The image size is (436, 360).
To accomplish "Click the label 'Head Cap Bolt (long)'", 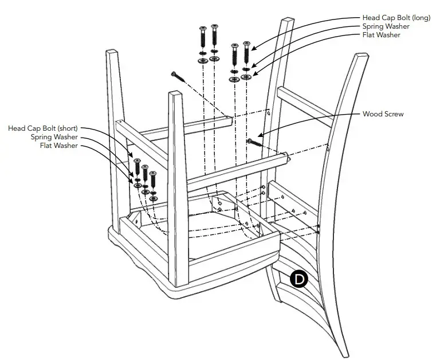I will [396, 18].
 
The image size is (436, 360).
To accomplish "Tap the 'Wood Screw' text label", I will [383, 114].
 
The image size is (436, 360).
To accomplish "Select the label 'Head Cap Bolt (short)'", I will [42, 128].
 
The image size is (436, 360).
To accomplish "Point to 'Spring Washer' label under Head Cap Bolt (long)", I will [385, 26].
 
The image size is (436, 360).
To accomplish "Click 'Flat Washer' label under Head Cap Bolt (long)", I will [381, 35].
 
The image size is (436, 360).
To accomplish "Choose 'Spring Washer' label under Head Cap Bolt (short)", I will [54, 137].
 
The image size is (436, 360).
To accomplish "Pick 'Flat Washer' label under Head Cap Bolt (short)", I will [58, 146].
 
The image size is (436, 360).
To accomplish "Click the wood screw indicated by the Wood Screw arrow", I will [254, 141].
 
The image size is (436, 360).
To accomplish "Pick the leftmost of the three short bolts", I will [138, 167].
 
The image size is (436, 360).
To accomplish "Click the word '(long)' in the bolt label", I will [421, 18].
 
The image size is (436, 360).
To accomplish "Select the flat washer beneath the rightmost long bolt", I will [246, 77].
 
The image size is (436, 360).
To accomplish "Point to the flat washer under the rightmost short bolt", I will [153, 198].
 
